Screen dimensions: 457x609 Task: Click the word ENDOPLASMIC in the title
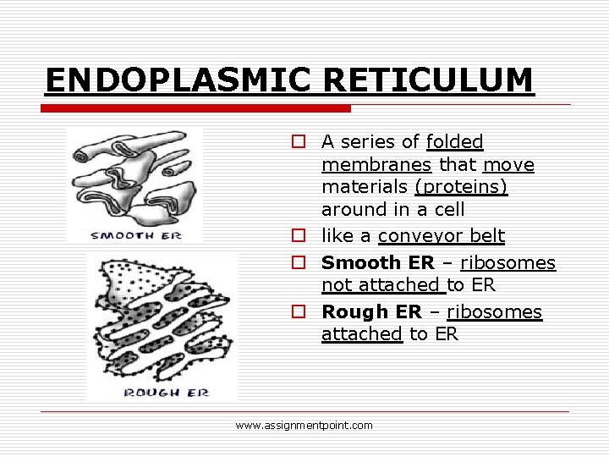coord(179,80)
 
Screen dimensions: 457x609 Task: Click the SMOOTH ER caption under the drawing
coord(136,234)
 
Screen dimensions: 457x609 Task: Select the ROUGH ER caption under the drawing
coord(166,392)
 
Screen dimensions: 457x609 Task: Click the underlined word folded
coord(455,141)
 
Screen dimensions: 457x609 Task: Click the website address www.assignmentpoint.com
coord(304,426)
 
